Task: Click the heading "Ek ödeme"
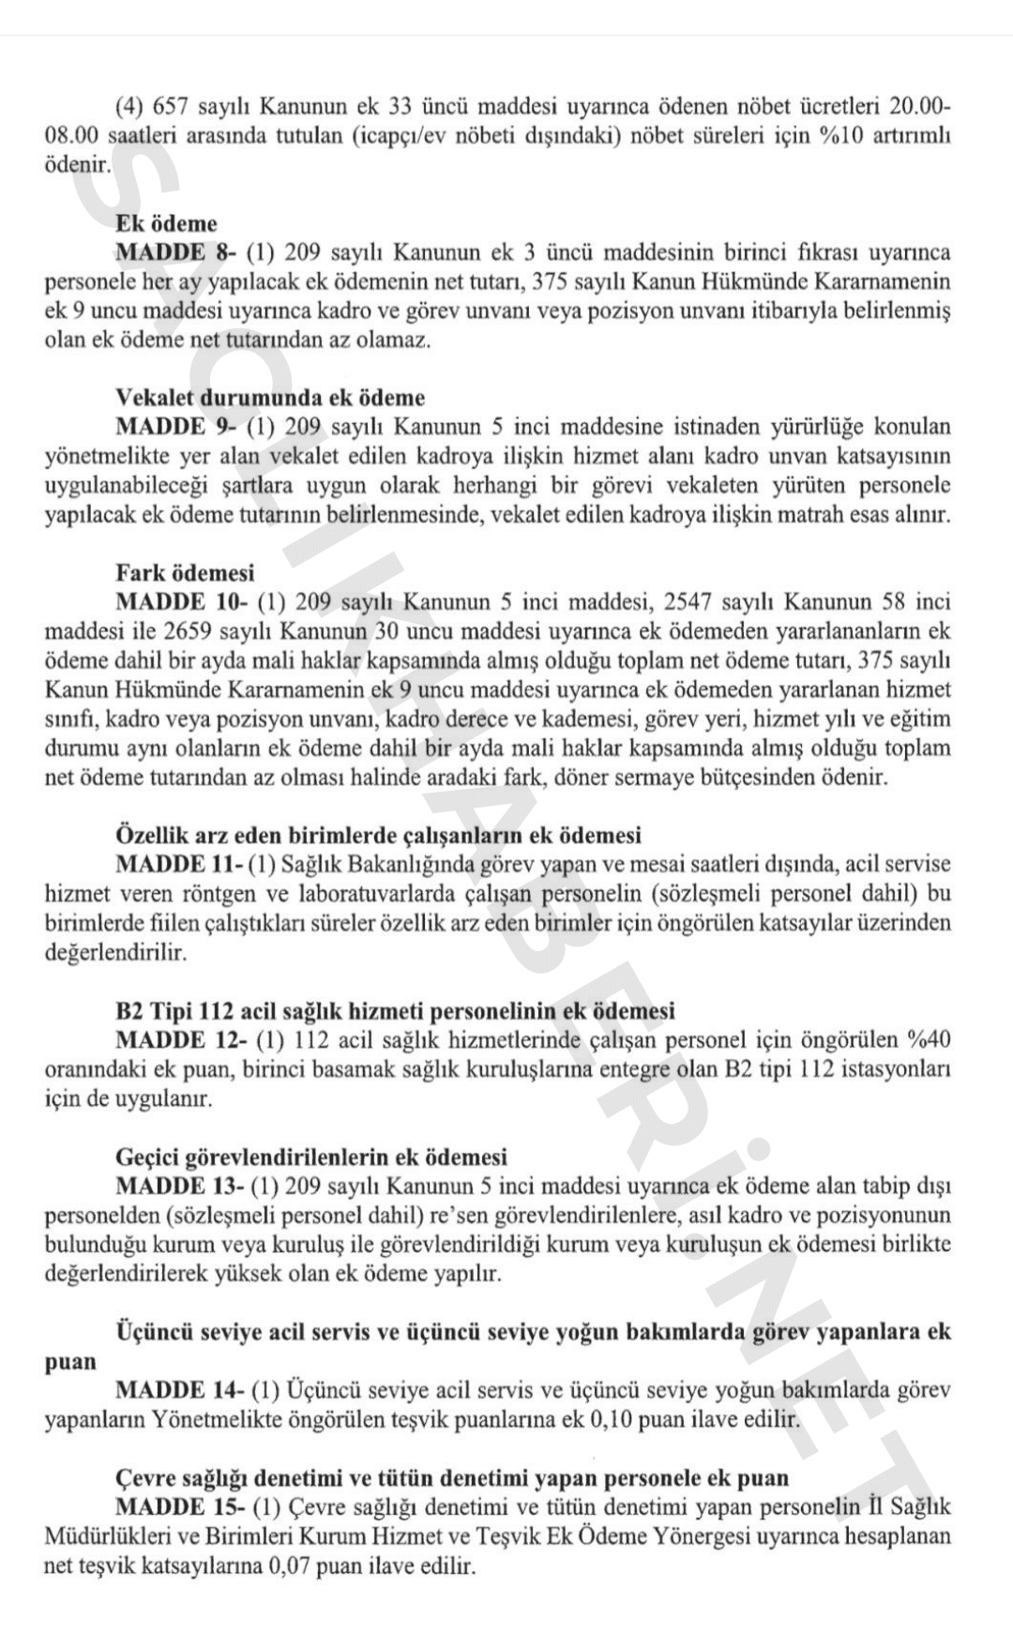pos(166,223)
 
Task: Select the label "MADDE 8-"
pos(175,252)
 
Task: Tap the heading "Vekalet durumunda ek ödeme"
pos(270,398)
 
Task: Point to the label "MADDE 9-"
pos(175,427)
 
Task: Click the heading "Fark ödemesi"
pos(185,572)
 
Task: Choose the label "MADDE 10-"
pos(181,601)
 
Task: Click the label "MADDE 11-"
pos(178,864)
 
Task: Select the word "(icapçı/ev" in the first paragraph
pos(400,136)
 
